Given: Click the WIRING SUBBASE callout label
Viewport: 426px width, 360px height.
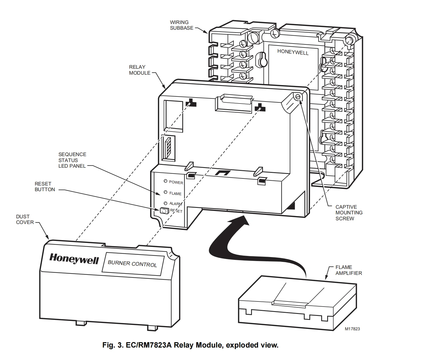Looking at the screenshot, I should click(x=181, y=25).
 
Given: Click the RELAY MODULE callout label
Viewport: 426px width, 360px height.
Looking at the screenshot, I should click(x=140, y=70).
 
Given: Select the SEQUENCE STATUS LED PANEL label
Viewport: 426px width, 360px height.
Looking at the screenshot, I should click(x=72, y=160).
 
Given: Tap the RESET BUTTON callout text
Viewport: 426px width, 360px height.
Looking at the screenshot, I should click(x=45, y=187).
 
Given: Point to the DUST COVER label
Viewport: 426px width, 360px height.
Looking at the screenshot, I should click(x=25, y=219).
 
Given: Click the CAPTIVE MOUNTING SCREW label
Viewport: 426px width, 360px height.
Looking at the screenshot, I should click(x=349, y=213).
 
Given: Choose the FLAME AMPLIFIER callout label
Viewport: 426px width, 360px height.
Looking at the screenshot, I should click(x=348, y=270).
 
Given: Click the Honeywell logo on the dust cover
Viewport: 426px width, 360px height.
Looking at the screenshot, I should click(x=74, y=259).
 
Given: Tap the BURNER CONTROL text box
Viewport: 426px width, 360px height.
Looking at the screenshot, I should click(x=132, y=264).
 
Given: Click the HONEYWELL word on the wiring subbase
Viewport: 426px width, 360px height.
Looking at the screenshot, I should click(x=293, y=52).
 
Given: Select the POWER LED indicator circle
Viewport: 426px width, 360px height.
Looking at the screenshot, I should click(x=165, y=181).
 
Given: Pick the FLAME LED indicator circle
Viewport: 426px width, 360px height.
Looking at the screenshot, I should click(x=166, y=192).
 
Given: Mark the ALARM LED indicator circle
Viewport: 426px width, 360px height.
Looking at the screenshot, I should click(x=166, y=203).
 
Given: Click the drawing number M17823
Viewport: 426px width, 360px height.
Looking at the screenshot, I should click(x=352, y=329).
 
